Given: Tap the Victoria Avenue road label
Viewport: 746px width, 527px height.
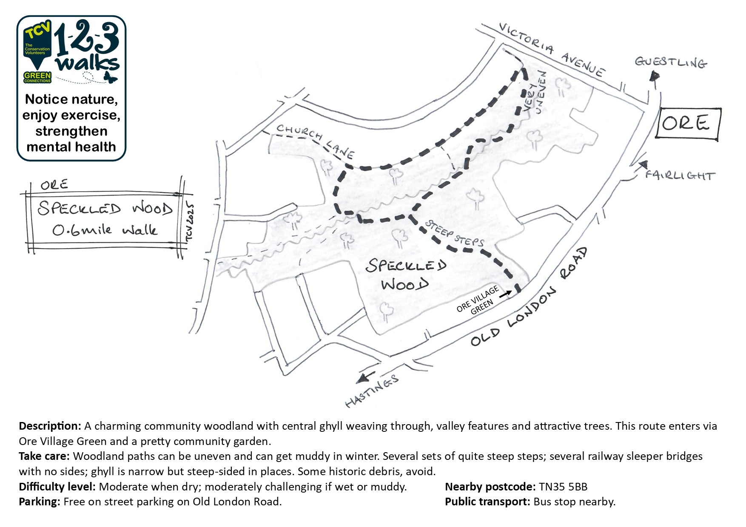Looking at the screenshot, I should point(552,50).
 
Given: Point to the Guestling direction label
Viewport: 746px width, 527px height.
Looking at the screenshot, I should point(671,62).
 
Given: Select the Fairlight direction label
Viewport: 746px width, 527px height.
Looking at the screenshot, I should point(680,175).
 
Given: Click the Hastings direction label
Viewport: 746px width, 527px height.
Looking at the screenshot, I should point(372,391).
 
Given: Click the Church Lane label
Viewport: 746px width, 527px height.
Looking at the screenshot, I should point(315,140).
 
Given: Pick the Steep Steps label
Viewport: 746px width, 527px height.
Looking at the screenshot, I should point(454,234).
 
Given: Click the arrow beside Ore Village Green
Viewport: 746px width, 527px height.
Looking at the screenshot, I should point(506,294).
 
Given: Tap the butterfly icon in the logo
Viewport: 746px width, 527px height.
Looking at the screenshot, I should point(110,77).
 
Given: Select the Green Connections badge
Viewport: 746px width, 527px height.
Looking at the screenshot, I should point(37,77).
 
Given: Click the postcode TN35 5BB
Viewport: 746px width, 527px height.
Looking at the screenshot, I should point(563,487).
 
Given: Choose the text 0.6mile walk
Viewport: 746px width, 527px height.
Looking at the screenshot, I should point(105,230).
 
